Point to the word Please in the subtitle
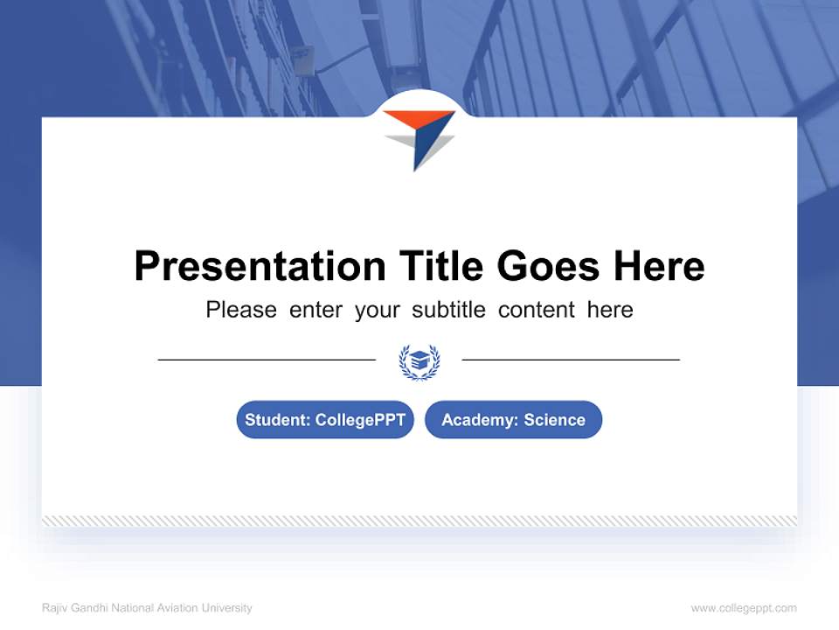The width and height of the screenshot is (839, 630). click(x=241, y=310)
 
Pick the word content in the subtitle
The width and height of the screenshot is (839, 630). click(x=537, y=310)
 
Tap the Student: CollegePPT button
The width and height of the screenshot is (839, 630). click(x=325, y=420)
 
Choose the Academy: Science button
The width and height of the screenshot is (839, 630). click(x=513, y=420)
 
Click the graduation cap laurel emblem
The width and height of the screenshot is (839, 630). click(x=419, y=360)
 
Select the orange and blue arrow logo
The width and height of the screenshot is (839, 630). click(x=419, y=137)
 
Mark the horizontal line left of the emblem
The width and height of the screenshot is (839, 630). click(x=267, y=360)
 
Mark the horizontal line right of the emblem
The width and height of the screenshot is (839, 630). click(x=571, y=360)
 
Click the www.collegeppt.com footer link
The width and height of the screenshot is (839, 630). click(x=744, y=608)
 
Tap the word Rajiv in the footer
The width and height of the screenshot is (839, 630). click(x=54, y=608)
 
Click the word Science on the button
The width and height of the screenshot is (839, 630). click(x=554, y=420)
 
